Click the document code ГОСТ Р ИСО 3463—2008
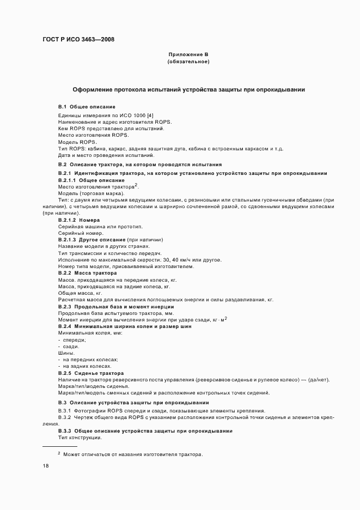pos(78,39)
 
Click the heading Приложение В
pos(188,54)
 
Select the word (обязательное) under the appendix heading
pos(188,62)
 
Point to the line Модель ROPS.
pos(77,142)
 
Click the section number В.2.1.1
pos(67,180)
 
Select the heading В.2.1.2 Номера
pos(78,220)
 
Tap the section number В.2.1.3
pos(67,240)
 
